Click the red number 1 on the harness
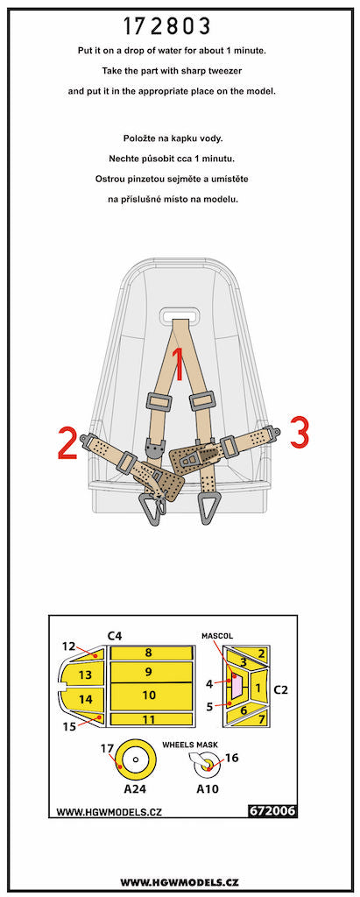(179, 364)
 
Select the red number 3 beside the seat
(299, 432)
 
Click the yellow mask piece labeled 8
(149, 653)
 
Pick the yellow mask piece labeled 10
(149, 695)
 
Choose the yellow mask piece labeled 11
(149, 719)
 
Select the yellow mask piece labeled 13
(85, 675)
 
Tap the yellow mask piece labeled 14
(85, 700)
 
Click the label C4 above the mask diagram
(114, 634)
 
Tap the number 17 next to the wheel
(108, 747)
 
